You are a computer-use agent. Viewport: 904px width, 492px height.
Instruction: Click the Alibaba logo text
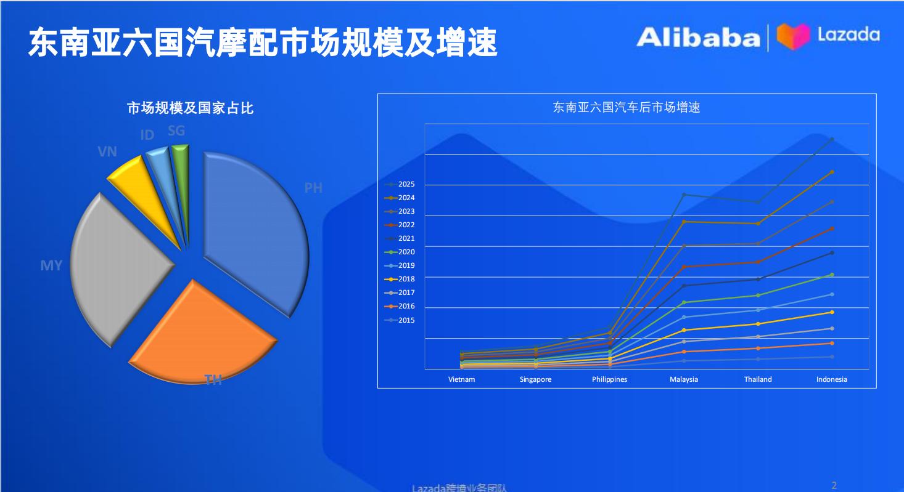coord(698,38)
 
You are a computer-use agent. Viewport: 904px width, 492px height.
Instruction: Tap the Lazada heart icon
coord(792,36)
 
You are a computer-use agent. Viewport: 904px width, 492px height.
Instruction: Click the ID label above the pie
coord(147,135)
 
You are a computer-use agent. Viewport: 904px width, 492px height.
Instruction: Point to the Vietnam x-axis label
coord(461,379)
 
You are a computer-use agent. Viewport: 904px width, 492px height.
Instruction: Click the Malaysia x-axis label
coord(684,379)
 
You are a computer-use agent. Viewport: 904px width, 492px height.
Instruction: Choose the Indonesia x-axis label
coord(832,379)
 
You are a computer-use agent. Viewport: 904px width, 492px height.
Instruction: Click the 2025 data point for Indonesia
coord(832,139)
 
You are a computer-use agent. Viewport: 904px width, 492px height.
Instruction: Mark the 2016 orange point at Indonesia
coord(832,343)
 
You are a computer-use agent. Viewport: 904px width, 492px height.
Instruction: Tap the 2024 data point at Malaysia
coord(684,221)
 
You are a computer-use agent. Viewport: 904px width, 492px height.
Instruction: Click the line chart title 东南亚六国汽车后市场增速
coord(626,107)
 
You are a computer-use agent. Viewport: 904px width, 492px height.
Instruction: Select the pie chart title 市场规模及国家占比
coord(190,108)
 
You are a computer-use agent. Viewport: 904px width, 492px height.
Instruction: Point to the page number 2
coord(834,485)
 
